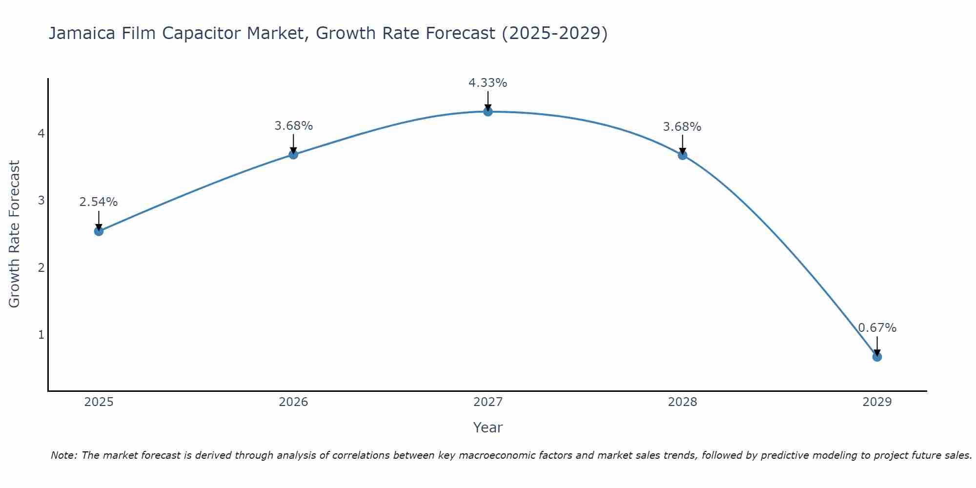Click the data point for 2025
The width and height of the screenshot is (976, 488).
(x=99, y=231)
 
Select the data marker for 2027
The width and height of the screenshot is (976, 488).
(x=488, y=112)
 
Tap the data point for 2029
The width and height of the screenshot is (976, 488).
(x=877, y=357)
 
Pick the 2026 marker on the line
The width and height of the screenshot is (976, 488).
(x=293, y=155)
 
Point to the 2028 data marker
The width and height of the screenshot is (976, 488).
(x=682, y=155)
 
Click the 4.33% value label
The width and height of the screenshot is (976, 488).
(x=488, y=83)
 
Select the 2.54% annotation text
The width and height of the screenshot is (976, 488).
(x=99, y=202)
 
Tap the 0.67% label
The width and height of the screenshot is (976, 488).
(x=877, y=328)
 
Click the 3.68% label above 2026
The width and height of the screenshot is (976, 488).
(x=293, y=126)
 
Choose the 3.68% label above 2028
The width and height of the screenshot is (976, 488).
(x=682, y=127)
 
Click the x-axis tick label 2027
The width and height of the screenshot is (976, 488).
(x=488, y=402)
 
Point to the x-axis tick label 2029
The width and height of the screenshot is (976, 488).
(x=877, y=402)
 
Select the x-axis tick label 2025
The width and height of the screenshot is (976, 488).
(x=99, y=402)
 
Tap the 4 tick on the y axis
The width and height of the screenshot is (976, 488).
(x=41, y=133)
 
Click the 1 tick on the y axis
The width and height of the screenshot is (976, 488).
(x=41, y=335)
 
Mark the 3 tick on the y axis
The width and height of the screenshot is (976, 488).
(x=41, y=201)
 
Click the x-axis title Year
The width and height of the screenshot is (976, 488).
(x=488, y=427)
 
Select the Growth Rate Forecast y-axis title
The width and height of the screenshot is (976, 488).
(x=15, y=234)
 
